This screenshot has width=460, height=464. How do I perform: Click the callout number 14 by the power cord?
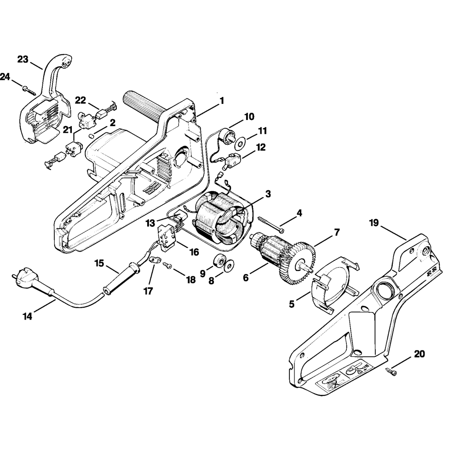[28, 316]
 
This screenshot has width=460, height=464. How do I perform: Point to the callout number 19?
[374, 223]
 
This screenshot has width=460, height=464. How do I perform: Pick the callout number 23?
[23, 59]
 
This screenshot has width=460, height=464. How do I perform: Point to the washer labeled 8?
[229, 265]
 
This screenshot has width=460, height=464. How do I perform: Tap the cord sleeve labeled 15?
[121, 279]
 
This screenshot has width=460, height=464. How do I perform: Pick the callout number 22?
[80, 100]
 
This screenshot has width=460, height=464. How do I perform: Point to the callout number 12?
[261, 147]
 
